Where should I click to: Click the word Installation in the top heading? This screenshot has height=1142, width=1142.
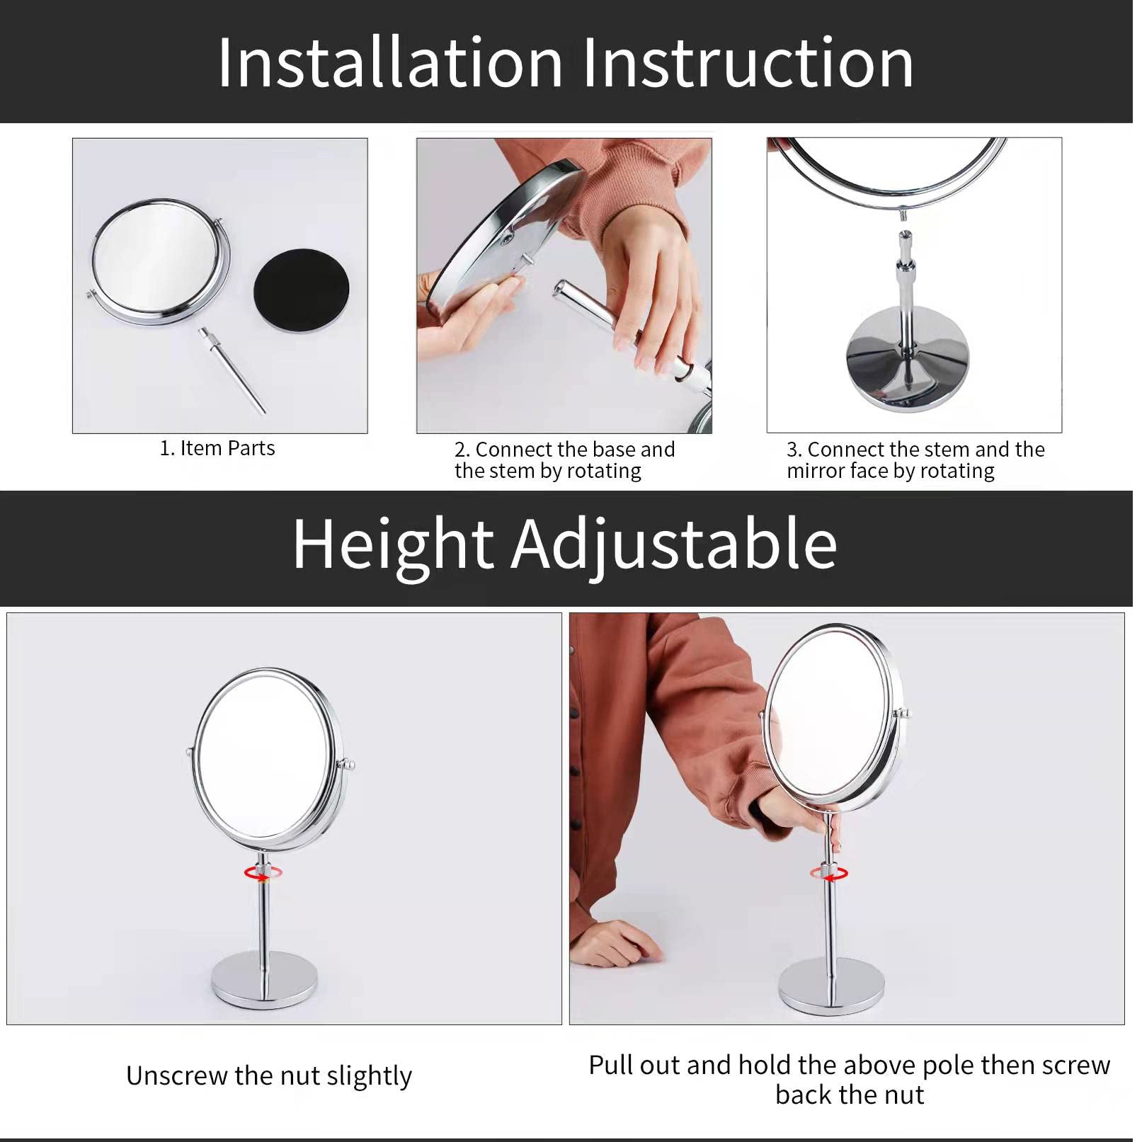click(x=389, y=64)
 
